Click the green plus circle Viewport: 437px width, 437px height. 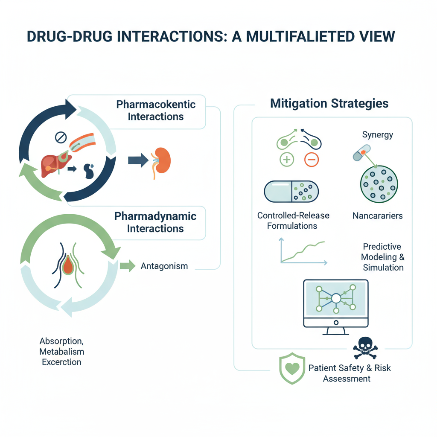(x=286, y=160)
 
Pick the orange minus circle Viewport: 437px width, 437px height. (x=312, y=160)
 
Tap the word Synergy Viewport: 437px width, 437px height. (x=377, y=135)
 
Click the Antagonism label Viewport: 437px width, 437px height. (x=164, y=266)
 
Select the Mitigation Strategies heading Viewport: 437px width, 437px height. (x=330, y=104)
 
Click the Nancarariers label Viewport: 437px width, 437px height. (x=377, y=216)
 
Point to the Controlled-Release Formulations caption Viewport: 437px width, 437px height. (x=293, y=220)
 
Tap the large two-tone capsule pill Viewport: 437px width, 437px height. (x=291, y=191)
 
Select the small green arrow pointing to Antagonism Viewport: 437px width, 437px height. (x=127, y=266)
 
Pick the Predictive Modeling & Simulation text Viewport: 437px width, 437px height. (x=383, y=257)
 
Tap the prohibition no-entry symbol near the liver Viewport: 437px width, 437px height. (x=61, y=137)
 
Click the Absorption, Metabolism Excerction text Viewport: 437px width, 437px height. (x=61, y=352)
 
